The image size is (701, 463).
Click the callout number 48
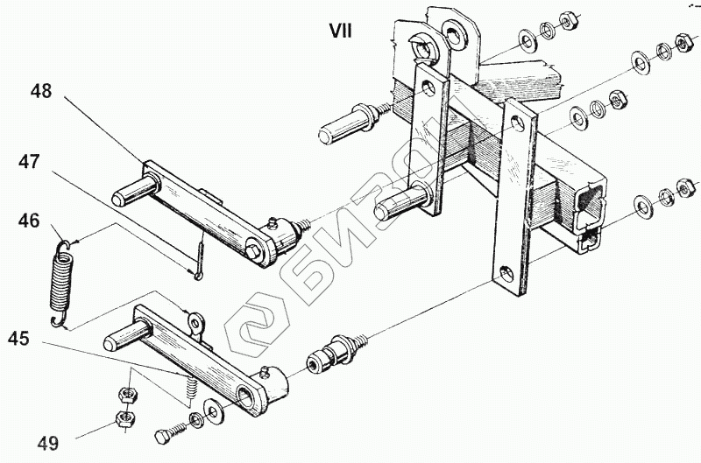(40, 90)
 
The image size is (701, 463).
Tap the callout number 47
(30, 163)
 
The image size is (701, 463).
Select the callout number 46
(29, 221)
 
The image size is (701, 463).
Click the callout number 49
(47, 444)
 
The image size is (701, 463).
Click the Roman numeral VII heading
(340, 31)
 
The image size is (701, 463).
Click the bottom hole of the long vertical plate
(508, 272)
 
